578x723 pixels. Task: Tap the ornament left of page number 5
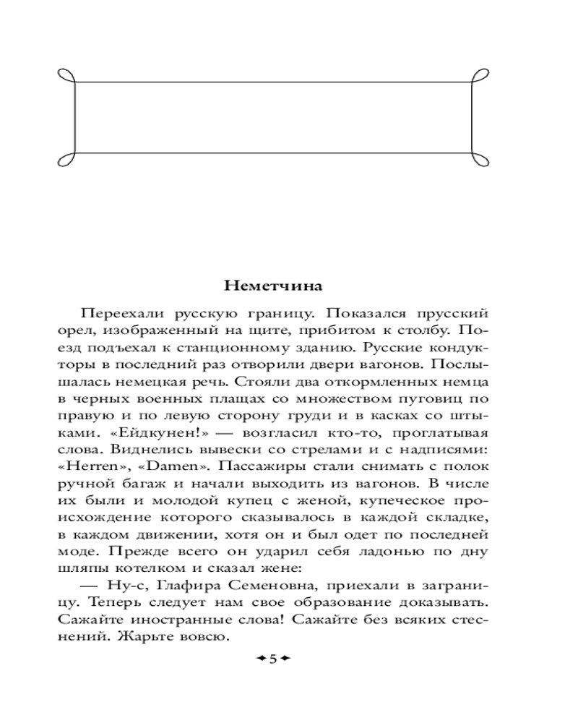click(x=259, y=659)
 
